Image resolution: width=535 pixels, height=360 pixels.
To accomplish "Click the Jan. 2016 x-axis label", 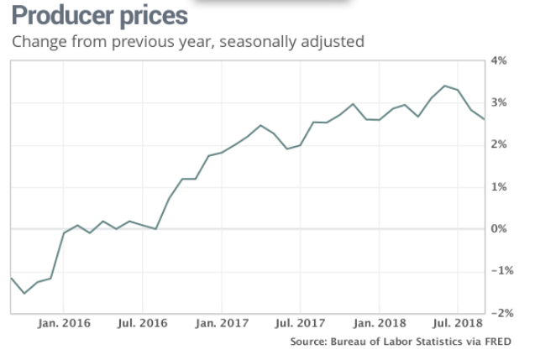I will [x=64, y=323].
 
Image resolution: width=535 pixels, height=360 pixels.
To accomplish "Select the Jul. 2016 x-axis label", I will [x=142, y=323].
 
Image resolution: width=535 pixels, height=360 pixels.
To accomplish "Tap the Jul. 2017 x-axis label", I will [x=300, y=323].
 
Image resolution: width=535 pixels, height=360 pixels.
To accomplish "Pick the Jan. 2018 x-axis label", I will [x=380, y=323].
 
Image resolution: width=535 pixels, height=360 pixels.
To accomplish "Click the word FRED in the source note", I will [x=496, y=342].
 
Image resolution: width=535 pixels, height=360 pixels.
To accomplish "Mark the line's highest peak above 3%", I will [x=444, y=86].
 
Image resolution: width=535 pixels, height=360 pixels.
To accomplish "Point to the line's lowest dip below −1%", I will [x=24, y=293].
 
